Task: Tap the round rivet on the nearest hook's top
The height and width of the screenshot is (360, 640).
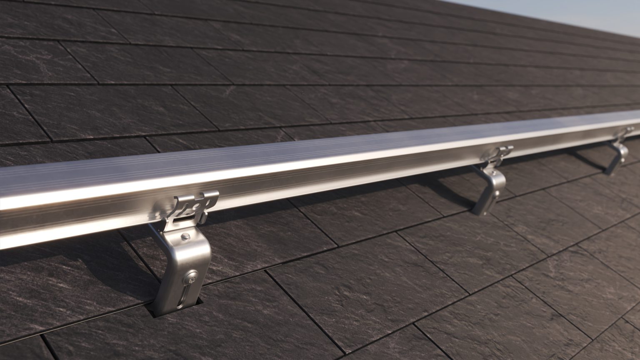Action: click(185, 237)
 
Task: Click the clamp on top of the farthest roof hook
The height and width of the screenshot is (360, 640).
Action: click(625, 134)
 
